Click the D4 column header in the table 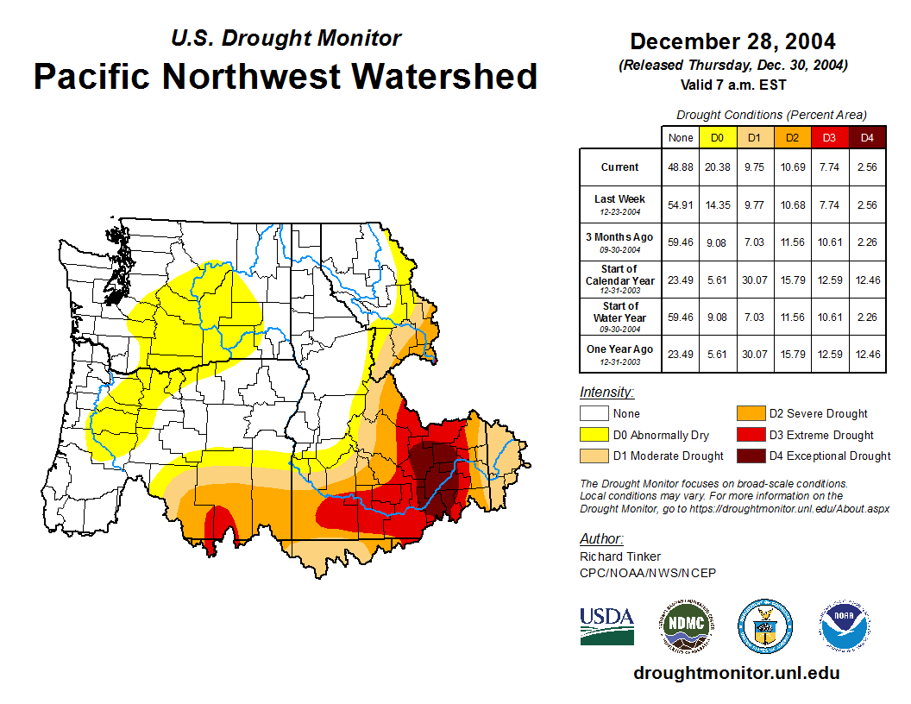point(867,137)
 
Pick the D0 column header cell point(717,137)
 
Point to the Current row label point(620,167)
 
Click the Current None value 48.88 point(681,167)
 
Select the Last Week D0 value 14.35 point(717,204)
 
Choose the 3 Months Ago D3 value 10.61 point(830,242)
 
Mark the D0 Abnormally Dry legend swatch point(594,435)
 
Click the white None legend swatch point(594,413)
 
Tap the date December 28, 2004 point(732,41)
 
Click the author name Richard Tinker point(620,556)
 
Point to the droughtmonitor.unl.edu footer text point(736,673)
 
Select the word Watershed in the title point(438,76)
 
